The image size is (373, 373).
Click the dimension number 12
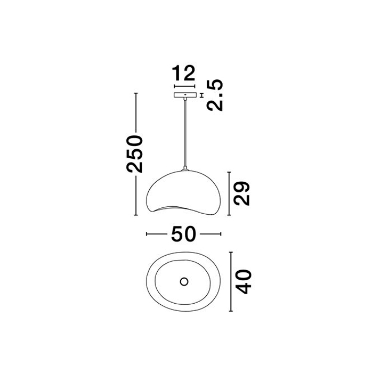click(x=183, y=73)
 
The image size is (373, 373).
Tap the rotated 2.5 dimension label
click(x=215, y=95)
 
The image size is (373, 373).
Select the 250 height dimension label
click(x=135, y=153)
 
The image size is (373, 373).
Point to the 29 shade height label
click(x=242, y=193)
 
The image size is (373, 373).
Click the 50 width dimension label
click(x=183, y=234)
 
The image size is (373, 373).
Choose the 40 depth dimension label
click(x=244, y=282)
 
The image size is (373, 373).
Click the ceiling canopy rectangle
click(x=185, y=95)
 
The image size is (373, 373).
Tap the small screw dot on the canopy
click(x=185, y=95)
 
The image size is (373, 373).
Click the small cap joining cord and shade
click(x=185, y=169)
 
